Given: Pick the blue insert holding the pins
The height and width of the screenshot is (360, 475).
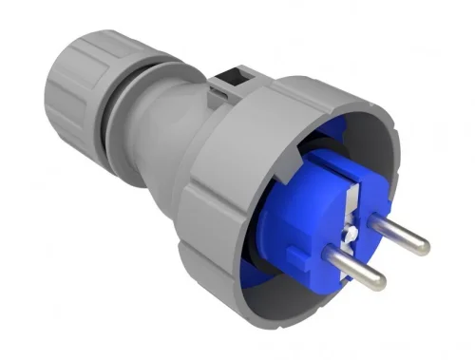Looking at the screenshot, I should pyautogui.click(x=294, y=237).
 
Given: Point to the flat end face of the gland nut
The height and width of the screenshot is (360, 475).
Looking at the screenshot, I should pyautogui.click(x=57, y=66).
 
